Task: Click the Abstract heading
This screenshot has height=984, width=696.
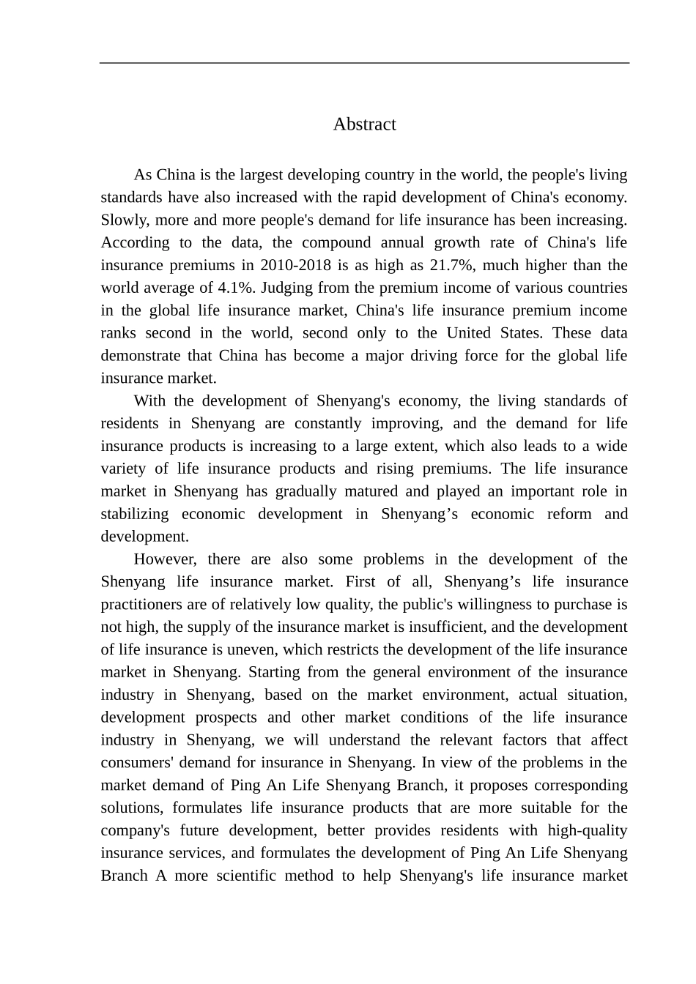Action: pos(364,124)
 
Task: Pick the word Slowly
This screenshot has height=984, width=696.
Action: pos(123,220)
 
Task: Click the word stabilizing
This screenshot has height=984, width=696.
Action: pos(135,514)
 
